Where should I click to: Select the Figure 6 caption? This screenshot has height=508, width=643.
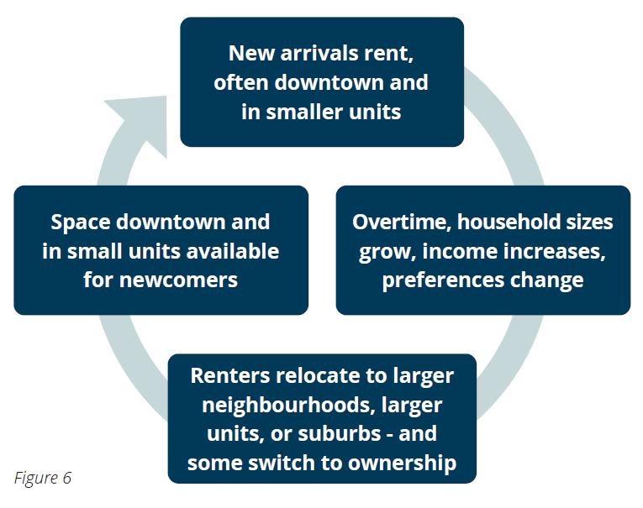tap(43, 478)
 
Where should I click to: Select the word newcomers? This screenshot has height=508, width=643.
tap(178, 281)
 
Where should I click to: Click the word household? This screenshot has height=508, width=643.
tap(509, 222)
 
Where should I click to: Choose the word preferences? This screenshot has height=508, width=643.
tap(443, 281)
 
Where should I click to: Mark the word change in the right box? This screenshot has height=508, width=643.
tap(546, 281)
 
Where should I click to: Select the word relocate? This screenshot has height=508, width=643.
tap(318, 375)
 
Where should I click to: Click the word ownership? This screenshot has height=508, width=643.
tap(402, 463)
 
